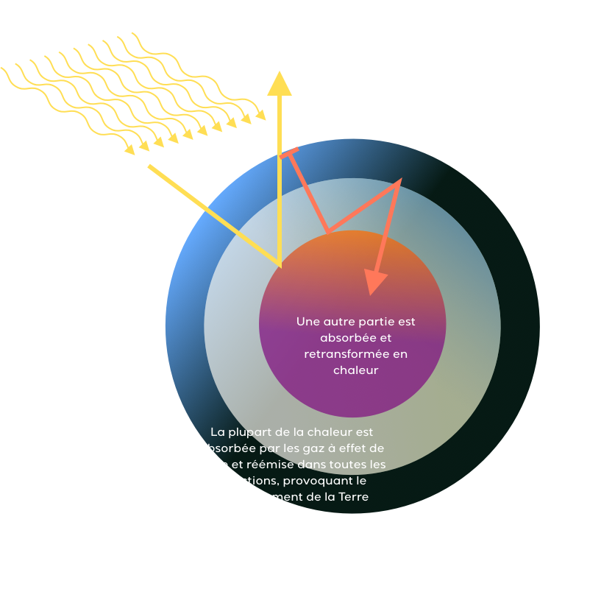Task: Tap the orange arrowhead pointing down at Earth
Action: [x=376, y=282]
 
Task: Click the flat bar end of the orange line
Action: [x=289, y=153]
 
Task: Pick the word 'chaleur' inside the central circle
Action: [x=355, y=370]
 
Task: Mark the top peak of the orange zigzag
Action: [x=399, y=181]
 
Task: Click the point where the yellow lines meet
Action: [x=280, y=264]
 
